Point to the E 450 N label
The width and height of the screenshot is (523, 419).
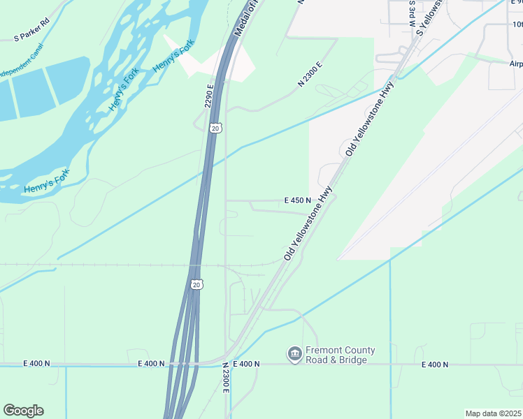pos(297,200)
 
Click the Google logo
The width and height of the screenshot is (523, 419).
pos(23,411)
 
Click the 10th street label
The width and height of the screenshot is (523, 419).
pos(517,24)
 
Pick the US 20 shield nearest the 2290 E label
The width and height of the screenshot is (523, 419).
pos(215,128)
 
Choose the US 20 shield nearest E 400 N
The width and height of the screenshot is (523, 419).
pos(196,284)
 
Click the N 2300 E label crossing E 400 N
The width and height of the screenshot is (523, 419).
pos(226,377)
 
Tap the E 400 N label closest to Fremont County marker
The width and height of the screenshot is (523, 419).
pos(246,364)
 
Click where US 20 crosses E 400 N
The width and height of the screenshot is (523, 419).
pos(178,364)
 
